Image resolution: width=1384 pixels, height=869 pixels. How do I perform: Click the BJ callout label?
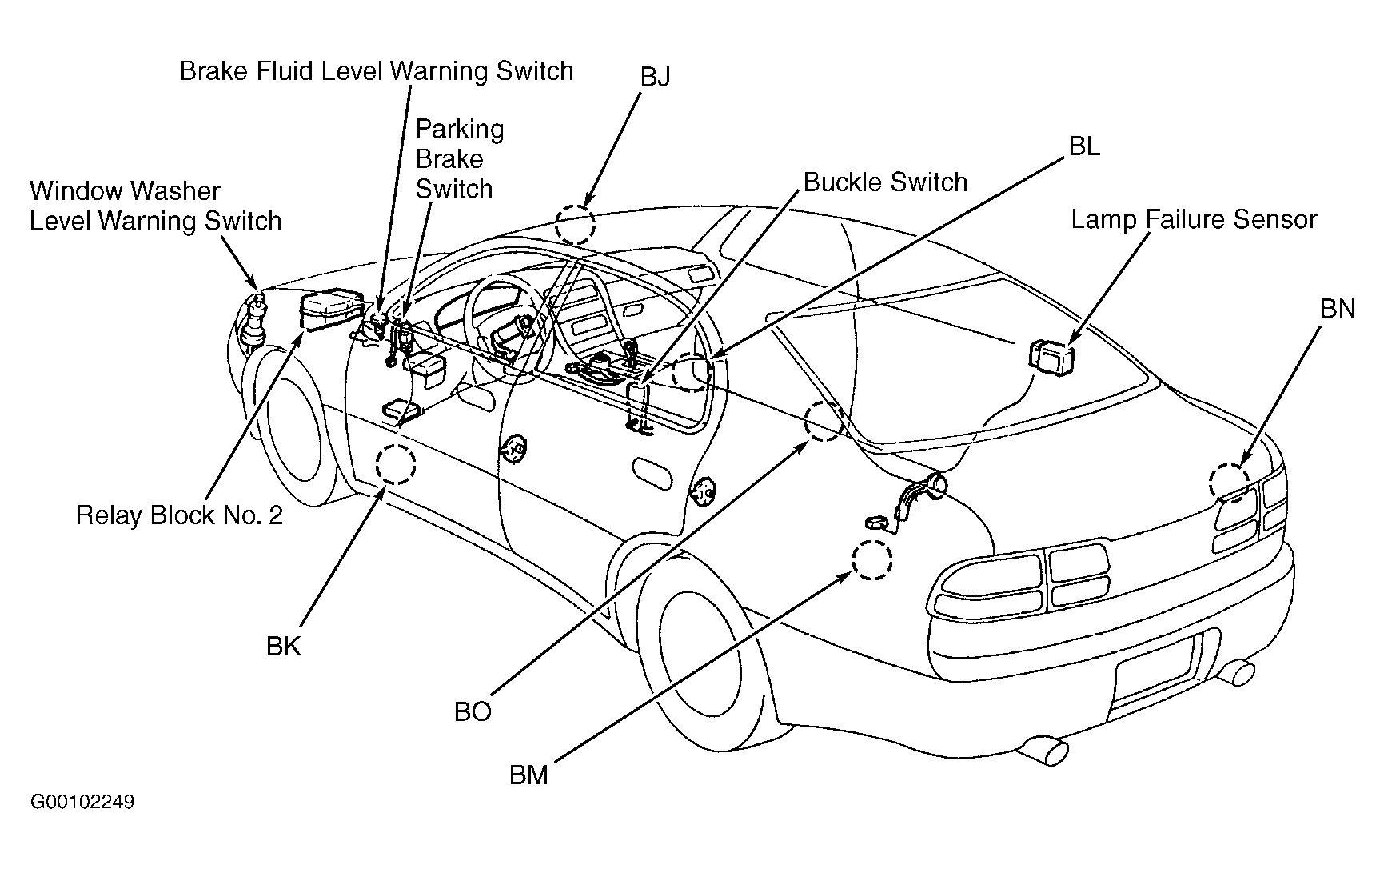click(x=655, y=77)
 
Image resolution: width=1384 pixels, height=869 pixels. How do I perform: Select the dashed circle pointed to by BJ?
click(x=576, y=224)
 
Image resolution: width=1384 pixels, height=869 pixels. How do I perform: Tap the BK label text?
click(x=284, y=647)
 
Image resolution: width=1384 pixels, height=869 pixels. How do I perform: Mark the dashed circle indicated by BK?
click(x=396, y=463)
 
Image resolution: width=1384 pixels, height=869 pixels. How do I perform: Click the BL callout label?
click(x=1084, y=146)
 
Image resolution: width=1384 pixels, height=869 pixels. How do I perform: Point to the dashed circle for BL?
click(x=691, y=371)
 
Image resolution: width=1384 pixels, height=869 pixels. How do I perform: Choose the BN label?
click(x=1338, y=309)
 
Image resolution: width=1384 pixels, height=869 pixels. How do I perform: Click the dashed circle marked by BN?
click(x=1229, y=483)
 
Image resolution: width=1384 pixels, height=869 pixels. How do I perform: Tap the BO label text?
click(x=473, y=712)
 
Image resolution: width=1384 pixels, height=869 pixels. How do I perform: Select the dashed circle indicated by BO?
click(x=824, y=421)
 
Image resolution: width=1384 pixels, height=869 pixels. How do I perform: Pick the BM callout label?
click(x=528, y=775)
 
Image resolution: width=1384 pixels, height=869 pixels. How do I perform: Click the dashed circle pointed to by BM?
click(x=871, y=560)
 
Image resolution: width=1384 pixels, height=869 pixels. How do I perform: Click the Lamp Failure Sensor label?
click(x=1194, y=220)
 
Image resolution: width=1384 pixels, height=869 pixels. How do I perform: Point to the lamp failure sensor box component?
click(x=1051, y=354)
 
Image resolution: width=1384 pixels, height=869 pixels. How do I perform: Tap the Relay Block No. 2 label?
click(x=179, y=515)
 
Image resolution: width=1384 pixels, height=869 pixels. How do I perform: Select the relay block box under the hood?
click(x=331, y=310)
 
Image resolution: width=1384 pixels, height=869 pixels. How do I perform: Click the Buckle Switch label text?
click(x=885, y=182)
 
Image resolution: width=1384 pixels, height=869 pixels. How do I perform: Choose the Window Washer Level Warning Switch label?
click(x=156, y=206)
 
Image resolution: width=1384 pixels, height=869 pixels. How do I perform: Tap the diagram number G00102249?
click(x=82, y=802)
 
